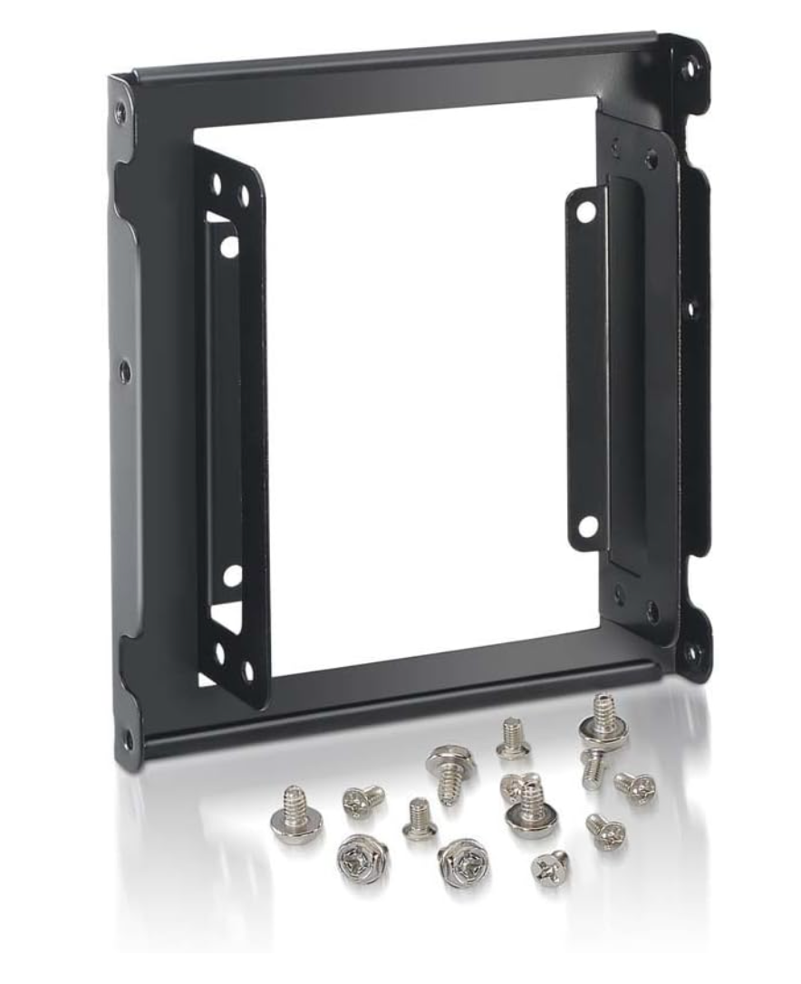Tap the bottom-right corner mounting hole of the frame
tap(693, 651)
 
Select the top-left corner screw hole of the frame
tap(121, 113)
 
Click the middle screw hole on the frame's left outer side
tap(124, 370)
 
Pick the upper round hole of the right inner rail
tap(586, 212)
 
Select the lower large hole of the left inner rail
tap(232, 574)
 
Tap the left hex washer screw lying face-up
tap(362, 857)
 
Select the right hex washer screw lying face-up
tap(463, 863)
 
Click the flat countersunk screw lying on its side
tap(550, 867)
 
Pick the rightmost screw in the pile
tap(635, 786)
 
